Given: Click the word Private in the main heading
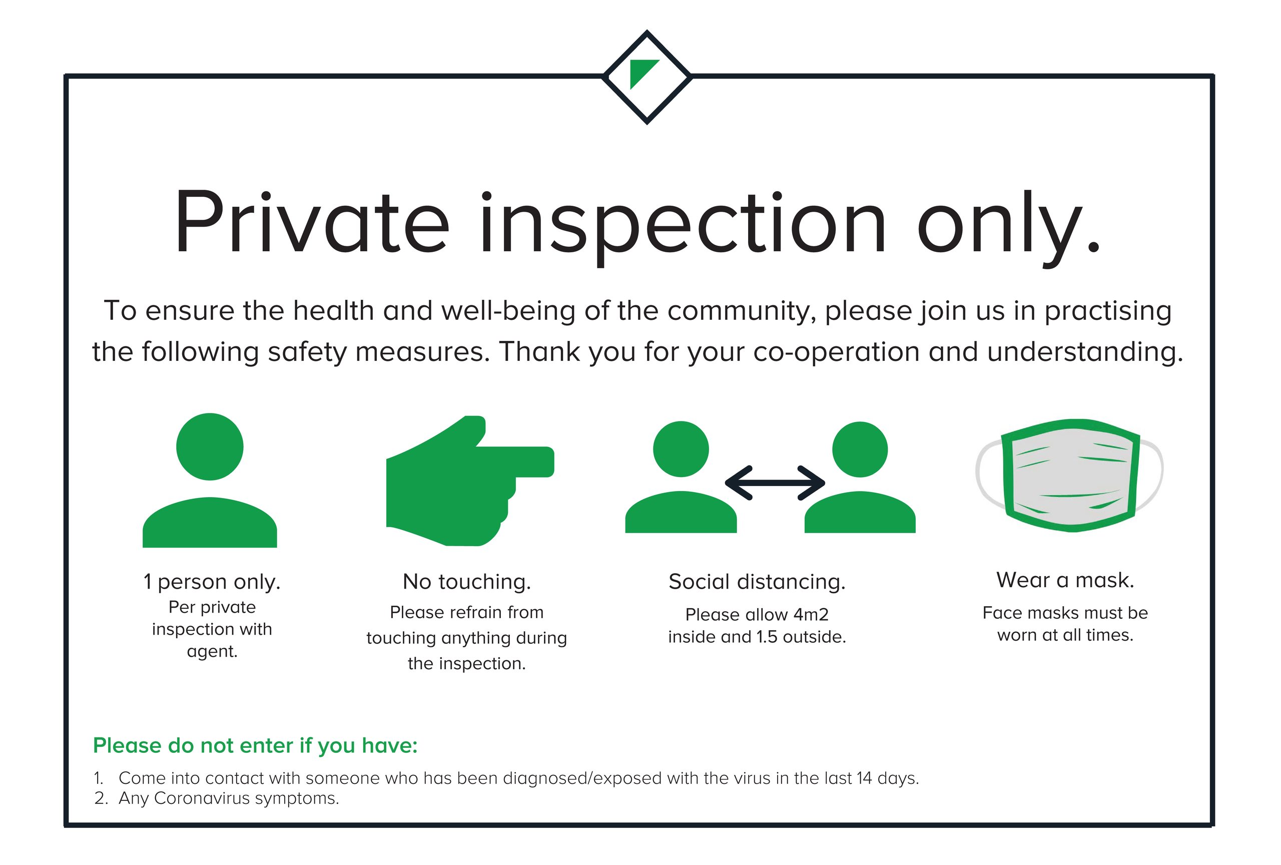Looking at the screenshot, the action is [x=312, y=222].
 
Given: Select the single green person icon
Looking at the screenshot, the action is [x=210, y=480].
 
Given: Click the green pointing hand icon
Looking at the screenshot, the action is [x=470, y=481].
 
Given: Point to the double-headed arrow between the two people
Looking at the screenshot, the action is [x=775, y=483].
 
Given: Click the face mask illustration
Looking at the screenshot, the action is [x=1069, y=475].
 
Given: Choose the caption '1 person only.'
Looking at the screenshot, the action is [x=212, y=582].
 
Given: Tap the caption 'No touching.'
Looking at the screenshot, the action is [x=467, y=582].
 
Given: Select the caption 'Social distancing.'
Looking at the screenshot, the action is [x=757, y=582].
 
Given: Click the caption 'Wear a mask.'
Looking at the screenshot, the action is [x=1065, y=580].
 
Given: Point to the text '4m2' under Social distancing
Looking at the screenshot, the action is [x=811, y=614].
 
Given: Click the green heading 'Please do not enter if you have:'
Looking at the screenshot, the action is [x=255, y=746].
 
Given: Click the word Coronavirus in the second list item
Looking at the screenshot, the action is [x=202, y=798].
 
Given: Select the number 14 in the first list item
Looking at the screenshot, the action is [x=864, y=778].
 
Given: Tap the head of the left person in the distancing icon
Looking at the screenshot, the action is [x=681, y=449].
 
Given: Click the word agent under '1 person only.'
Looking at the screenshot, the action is [x=212, y=652].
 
